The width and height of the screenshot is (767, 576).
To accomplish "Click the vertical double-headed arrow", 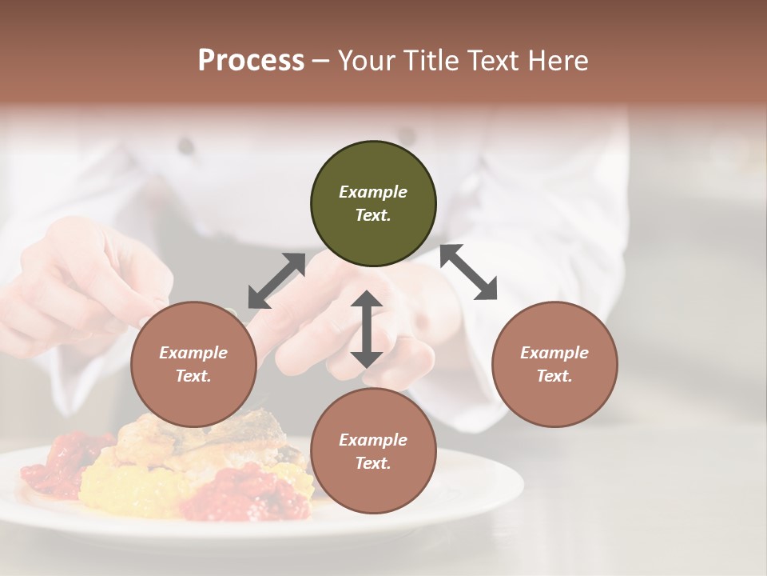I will [367, 329].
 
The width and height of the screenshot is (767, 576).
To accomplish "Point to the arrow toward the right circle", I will [468, 272].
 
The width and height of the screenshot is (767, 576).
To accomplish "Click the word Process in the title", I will [251, 60].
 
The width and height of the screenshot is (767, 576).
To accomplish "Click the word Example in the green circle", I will [373, 192].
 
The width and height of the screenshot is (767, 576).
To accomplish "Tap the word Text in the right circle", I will [554, 376].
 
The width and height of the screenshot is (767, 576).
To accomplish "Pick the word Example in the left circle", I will [193, 353].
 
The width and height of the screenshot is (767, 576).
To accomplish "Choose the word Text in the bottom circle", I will [373, 463].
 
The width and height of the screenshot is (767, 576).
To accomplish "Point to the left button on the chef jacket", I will [186, 146].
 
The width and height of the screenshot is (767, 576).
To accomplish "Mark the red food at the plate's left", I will [60, 464].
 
